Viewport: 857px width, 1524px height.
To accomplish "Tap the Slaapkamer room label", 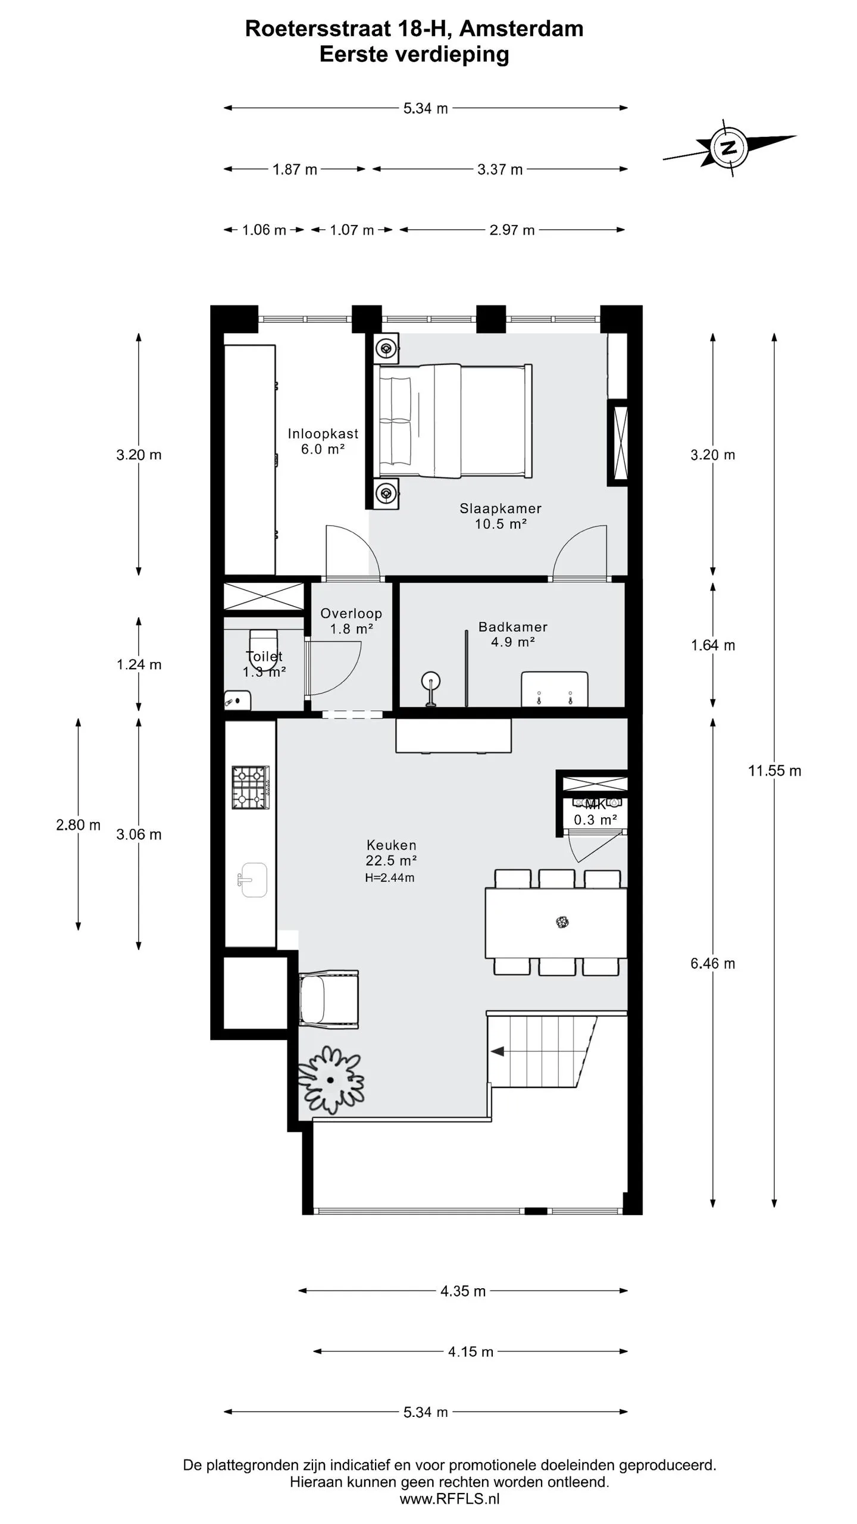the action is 501,508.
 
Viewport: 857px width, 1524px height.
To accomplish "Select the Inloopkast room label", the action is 323,433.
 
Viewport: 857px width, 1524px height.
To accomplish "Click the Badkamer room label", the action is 513,626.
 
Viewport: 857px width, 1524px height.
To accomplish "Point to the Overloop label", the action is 351,613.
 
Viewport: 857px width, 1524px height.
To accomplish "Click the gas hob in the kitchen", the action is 251,788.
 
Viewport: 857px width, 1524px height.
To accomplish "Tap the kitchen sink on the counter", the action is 253,880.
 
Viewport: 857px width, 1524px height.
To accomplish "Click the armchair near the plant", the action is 329,998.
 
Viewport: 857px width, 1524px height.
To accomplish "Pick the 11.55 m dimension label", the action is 774,771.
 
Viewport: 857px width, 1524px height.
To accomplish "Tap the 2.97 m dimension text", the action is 512,230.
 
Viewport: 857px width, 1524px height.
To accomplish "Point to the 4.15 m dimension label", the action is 471,1351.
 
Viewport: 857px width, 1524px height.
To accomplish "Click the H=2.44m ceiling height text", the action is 390,877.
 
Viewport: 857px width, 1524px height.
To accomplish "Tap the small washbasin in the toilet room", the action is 237,700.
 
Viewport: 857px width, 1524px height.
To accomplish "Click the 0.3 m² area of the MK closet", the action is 595,820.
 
